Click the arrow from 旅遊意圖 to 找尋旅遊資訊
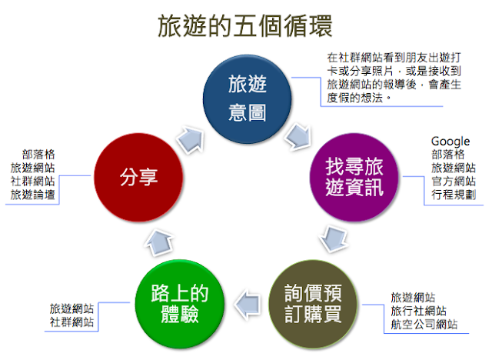click(x=296, y=139)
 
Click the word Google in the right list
click(x=450, y=142)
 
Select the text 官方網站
click(x=453, y=180)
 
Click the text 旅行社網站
click(x=418, y=311)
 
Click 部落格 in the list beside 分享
click(x=38, y=154)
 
